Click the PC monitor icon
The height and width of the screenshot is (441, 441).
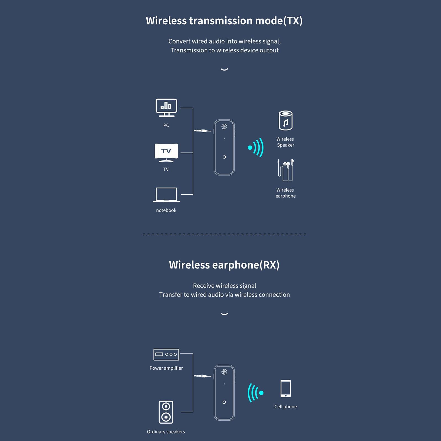coord(166,108)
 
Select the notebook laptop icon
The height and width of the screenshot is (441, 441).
coord(166,195)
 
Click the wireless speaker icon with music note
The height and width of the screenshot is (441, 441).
coord(286,120)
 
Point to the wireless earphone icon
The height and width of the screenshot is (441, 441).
coord(286,170)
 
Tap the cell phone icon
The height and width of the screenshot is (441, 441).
coord(286,388)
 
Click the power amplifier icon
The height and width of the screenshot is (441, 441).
coord(166,354)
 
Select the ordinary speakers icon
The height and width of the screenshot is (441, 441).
coord(166,412)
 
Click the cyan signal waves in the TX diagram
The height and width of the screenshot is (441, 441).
coord(256,148)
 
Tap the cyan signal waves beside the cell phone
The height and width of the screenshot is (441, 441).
coord(256,393)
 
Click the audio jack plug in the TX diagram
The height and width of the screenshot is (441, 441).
coord(202,131)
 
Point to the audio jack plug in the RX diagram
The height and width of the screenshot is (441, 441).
coord(202,376)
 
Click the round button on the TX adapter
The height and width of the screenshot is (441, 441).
coord(224,157)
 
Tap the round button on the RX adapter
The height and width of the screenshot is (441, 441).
coord(224,402)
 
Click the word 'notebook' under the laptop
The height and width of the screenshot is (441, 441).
coord(166,210)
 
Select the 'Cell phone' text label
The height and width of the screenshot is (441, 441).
coord(286,407)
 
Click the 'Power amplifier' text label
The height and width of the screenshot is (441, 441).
coord(166,368)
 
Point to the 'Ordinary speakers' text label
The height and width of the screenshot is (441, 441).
coord(166,432)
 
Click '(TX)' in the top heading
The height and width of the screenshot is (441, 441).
coord(293,21)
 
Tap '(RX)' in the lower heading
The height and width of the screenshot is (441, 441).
coord(270,265)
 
